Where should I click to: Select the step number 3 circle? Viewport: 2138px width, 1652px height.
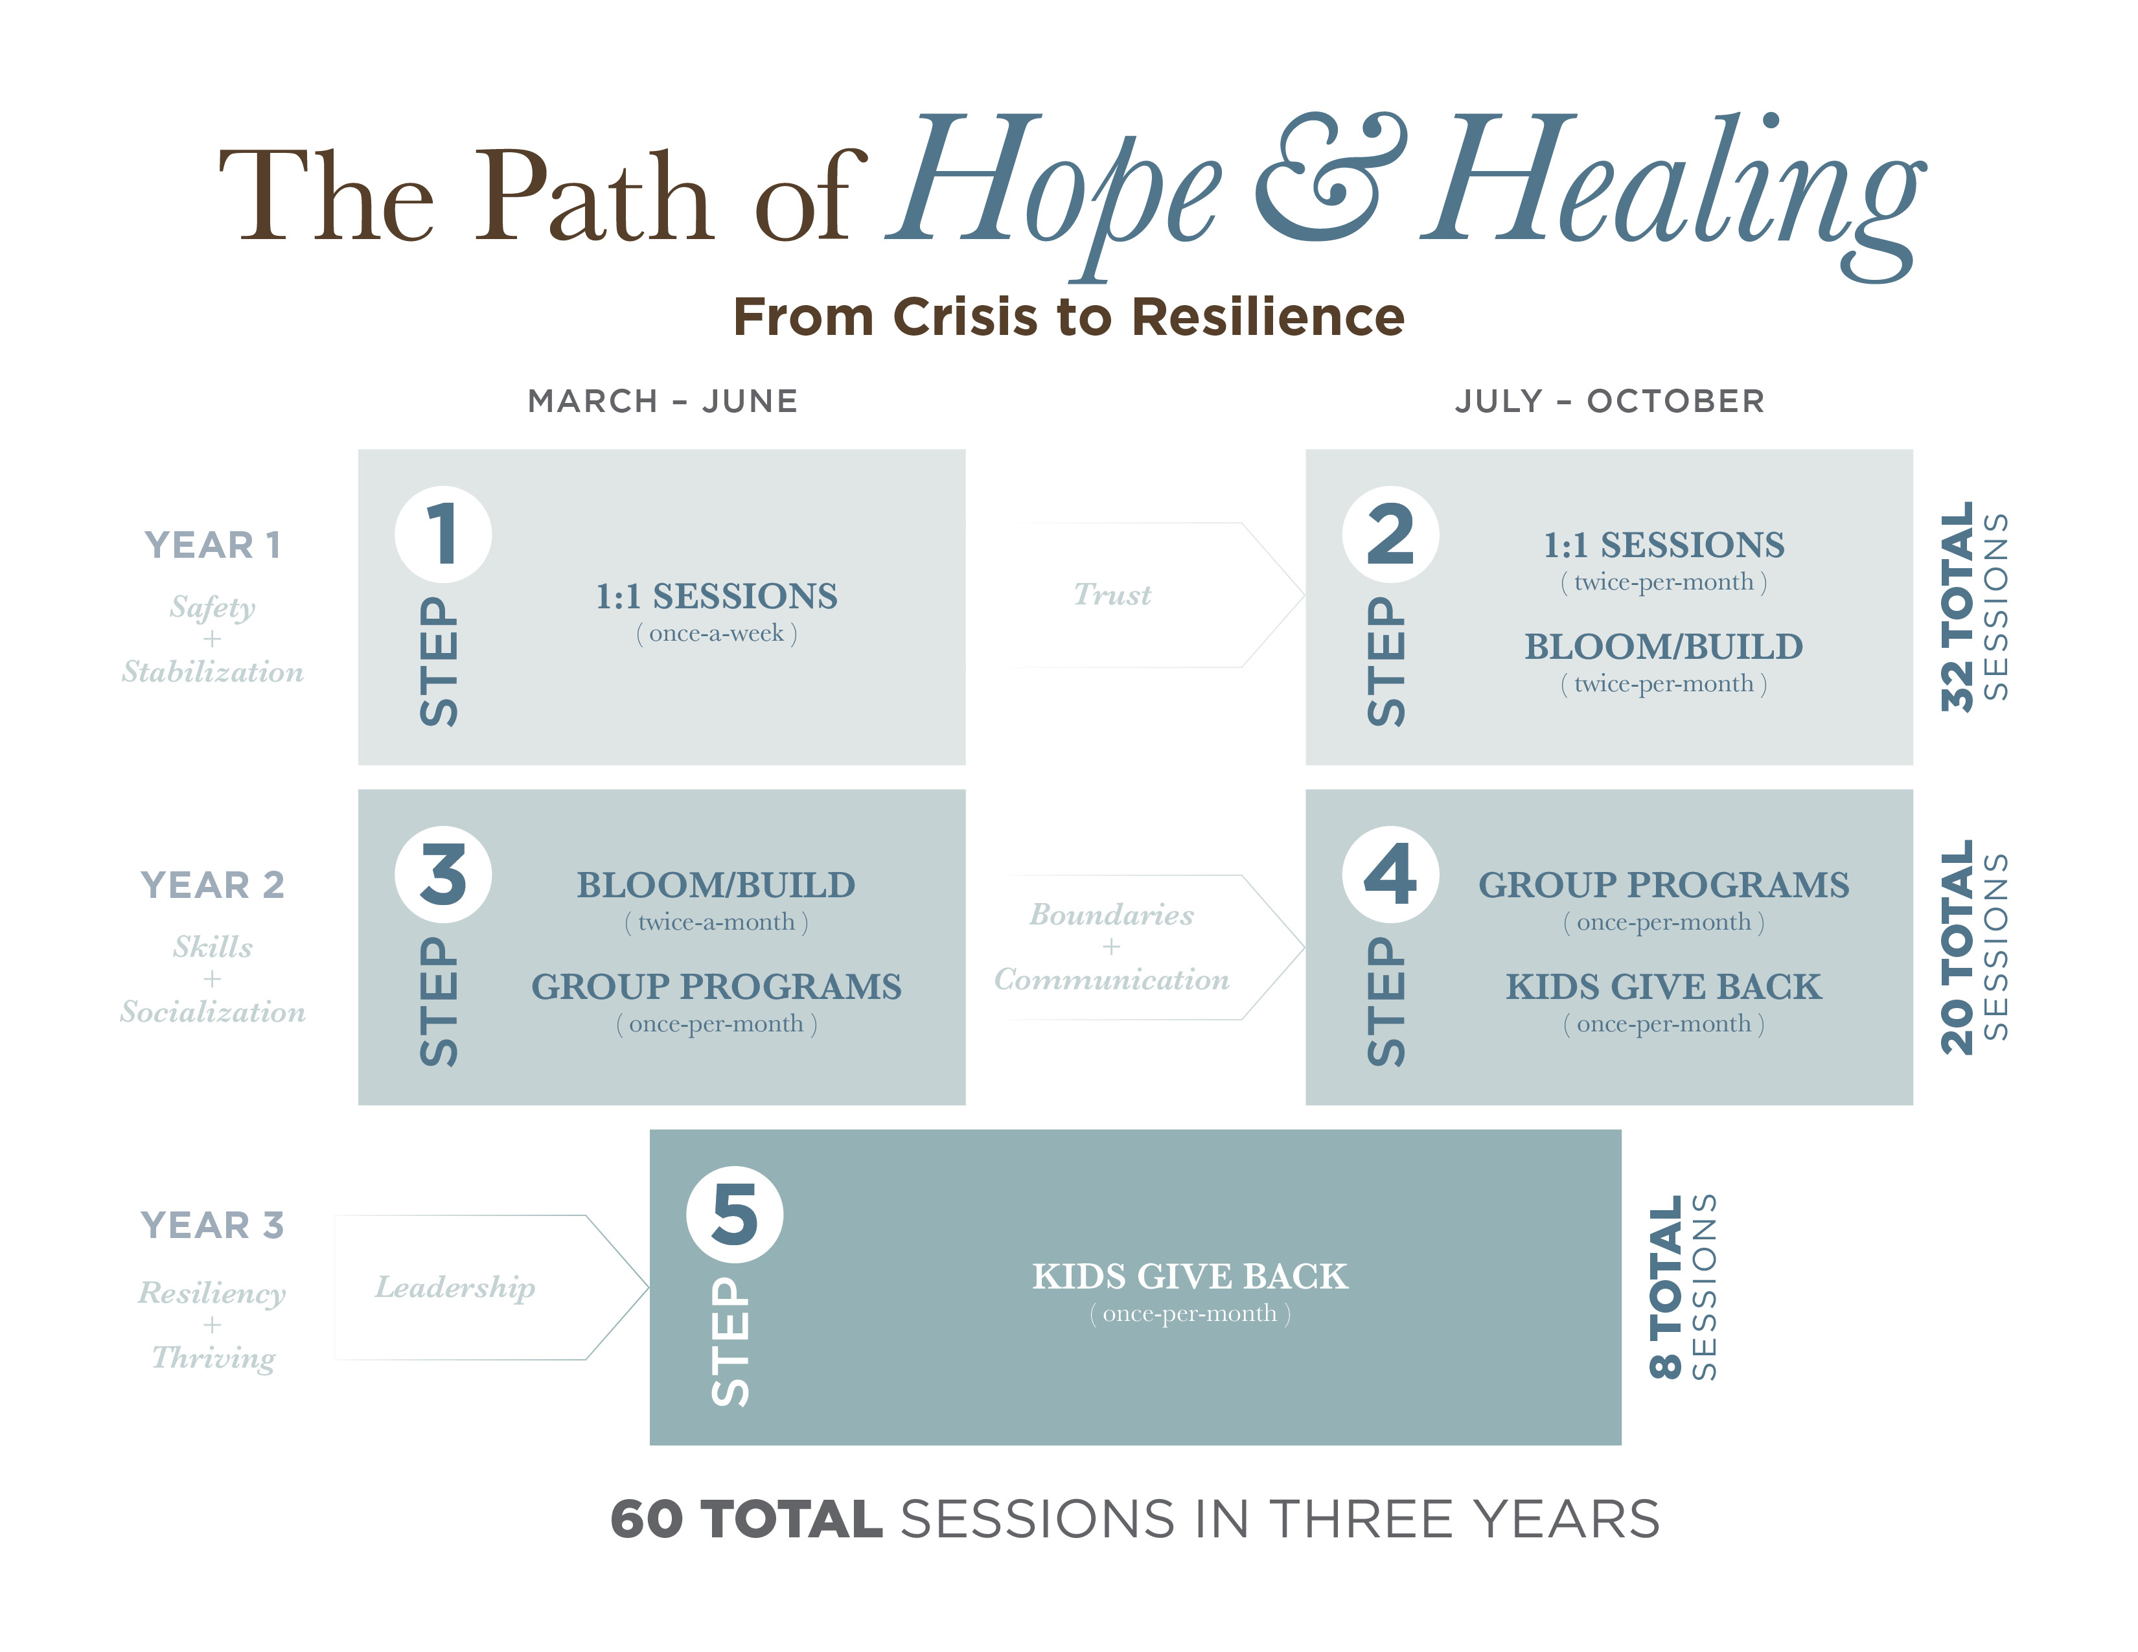tap(443, 874)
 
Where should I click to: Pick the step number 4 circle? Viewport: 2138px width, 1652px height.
tap(1390, 874)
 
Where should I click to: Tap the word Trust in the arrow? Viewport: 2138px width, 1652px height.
tap(1112, 594)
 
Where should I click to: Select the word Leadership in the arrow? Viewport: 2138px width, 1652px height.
tap(455, 1288)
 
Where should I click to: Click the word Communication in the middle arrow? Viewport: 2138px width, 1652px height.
tap(1111, 980)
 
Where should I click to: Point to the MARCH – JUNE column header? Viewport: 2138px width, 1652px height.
tap(663, 401)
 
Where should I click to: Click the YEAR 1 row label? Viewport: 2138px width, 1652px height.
tap(213, 545)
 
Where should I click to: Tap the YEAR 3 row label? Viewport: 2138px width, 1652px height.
tap(213, 1225)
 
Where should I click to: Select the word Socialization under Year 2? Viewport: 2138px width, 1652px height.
tap(213, 1012)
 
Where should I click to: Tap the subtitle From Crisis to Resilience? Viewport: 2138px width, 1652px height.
tap(1069, 317)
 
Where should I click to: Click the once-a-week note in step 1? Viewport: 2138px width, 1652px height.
tap(717, 633)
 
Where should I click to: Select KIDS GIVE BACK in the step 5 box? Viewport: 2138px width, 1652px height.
tap(1190, 1276)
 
